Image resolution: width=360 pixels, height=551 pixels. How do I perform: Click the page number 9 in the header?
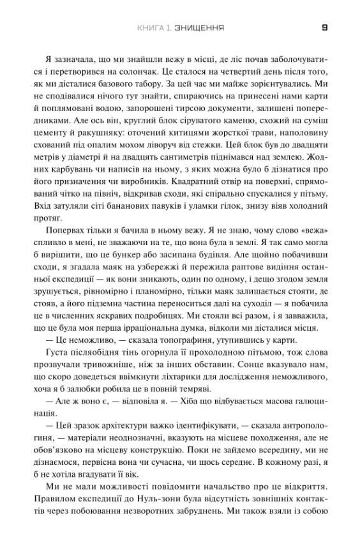(325, 28)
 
